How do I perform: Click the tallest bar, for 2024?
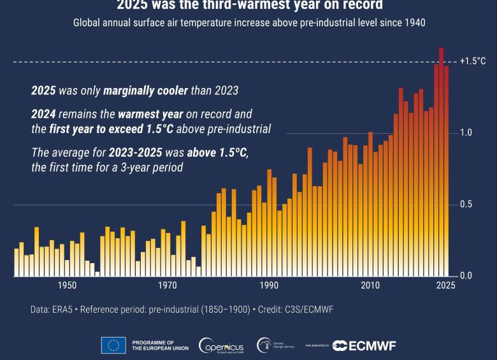[x=441, y=159]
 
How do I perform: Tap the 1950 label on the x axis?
[x=67, y=285]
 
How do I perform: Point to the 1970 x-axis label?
[x=168, y=285]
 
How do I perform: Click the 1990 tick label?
[x=269, y=285]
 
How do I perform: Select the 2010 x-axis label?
[x=370, y=285]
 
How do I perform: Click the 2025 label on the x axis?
[x=446, y=285]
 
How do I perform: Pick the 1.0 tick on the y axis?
[x=466, y=133]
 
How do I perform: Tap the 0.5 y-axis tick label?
[x=466, y=205]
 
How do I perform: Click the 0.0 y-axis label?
[x=466, y=276]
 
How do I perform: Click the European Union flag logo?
[x=113, y=345]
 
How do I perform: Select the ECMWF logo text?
[x=364, y=345]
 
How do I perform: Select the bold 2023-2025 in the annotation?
[x=136, y=153]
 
